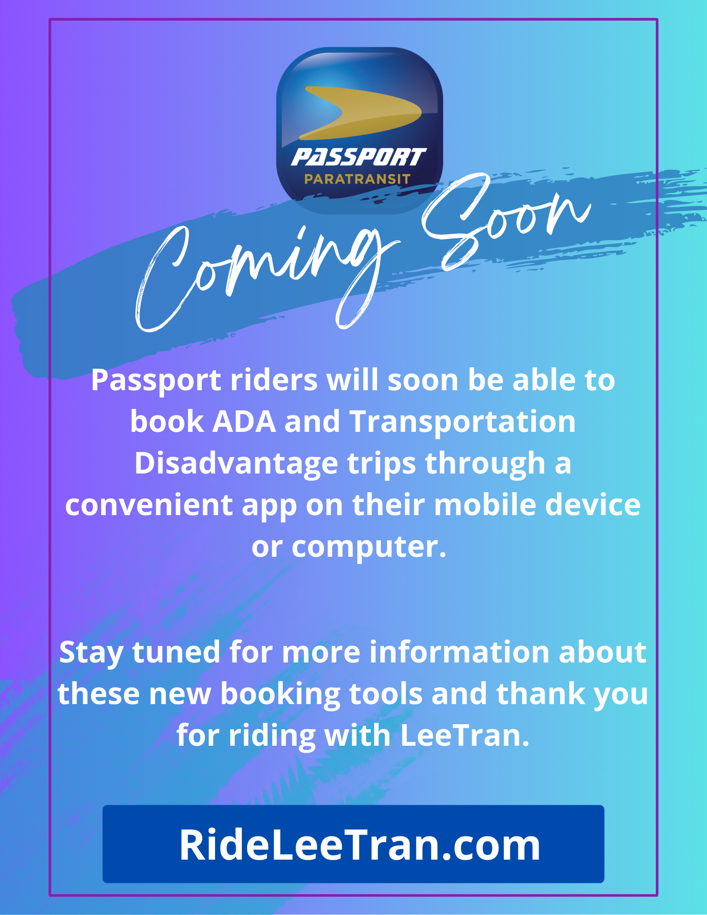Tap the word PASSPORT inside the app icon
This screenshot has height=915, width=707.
tap(359, 157)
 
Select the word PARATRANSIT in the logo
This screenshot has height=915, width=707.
tap(357, 179)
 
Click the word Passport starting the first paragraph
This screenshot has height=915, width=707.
tap(156, 381)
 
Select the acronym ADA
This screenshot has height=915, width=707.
tap(244, 421)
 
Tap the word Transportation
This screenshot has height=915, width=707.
tap(463, 422)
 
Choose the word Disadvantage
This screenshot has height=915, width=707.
tap(236, 463)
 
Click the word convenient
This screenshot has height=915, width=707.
tap(149, 505)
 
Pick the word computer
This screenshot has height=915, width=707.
tap(369, 547)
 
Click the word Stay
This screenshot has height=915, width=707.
tap(91, 652)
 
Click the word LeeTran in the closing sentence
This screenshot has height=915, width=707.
tap(464, 735)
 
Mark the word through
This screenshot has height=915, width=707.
tap(485, 463)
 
